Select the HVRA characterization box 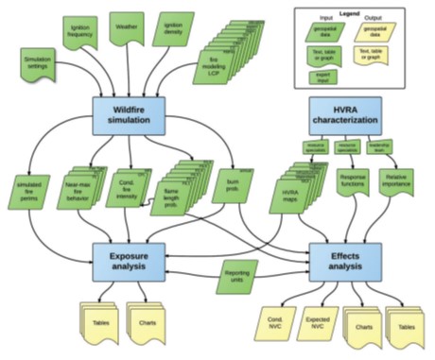[x=346, y=118]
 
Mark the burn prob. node [x=227, y=186]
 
